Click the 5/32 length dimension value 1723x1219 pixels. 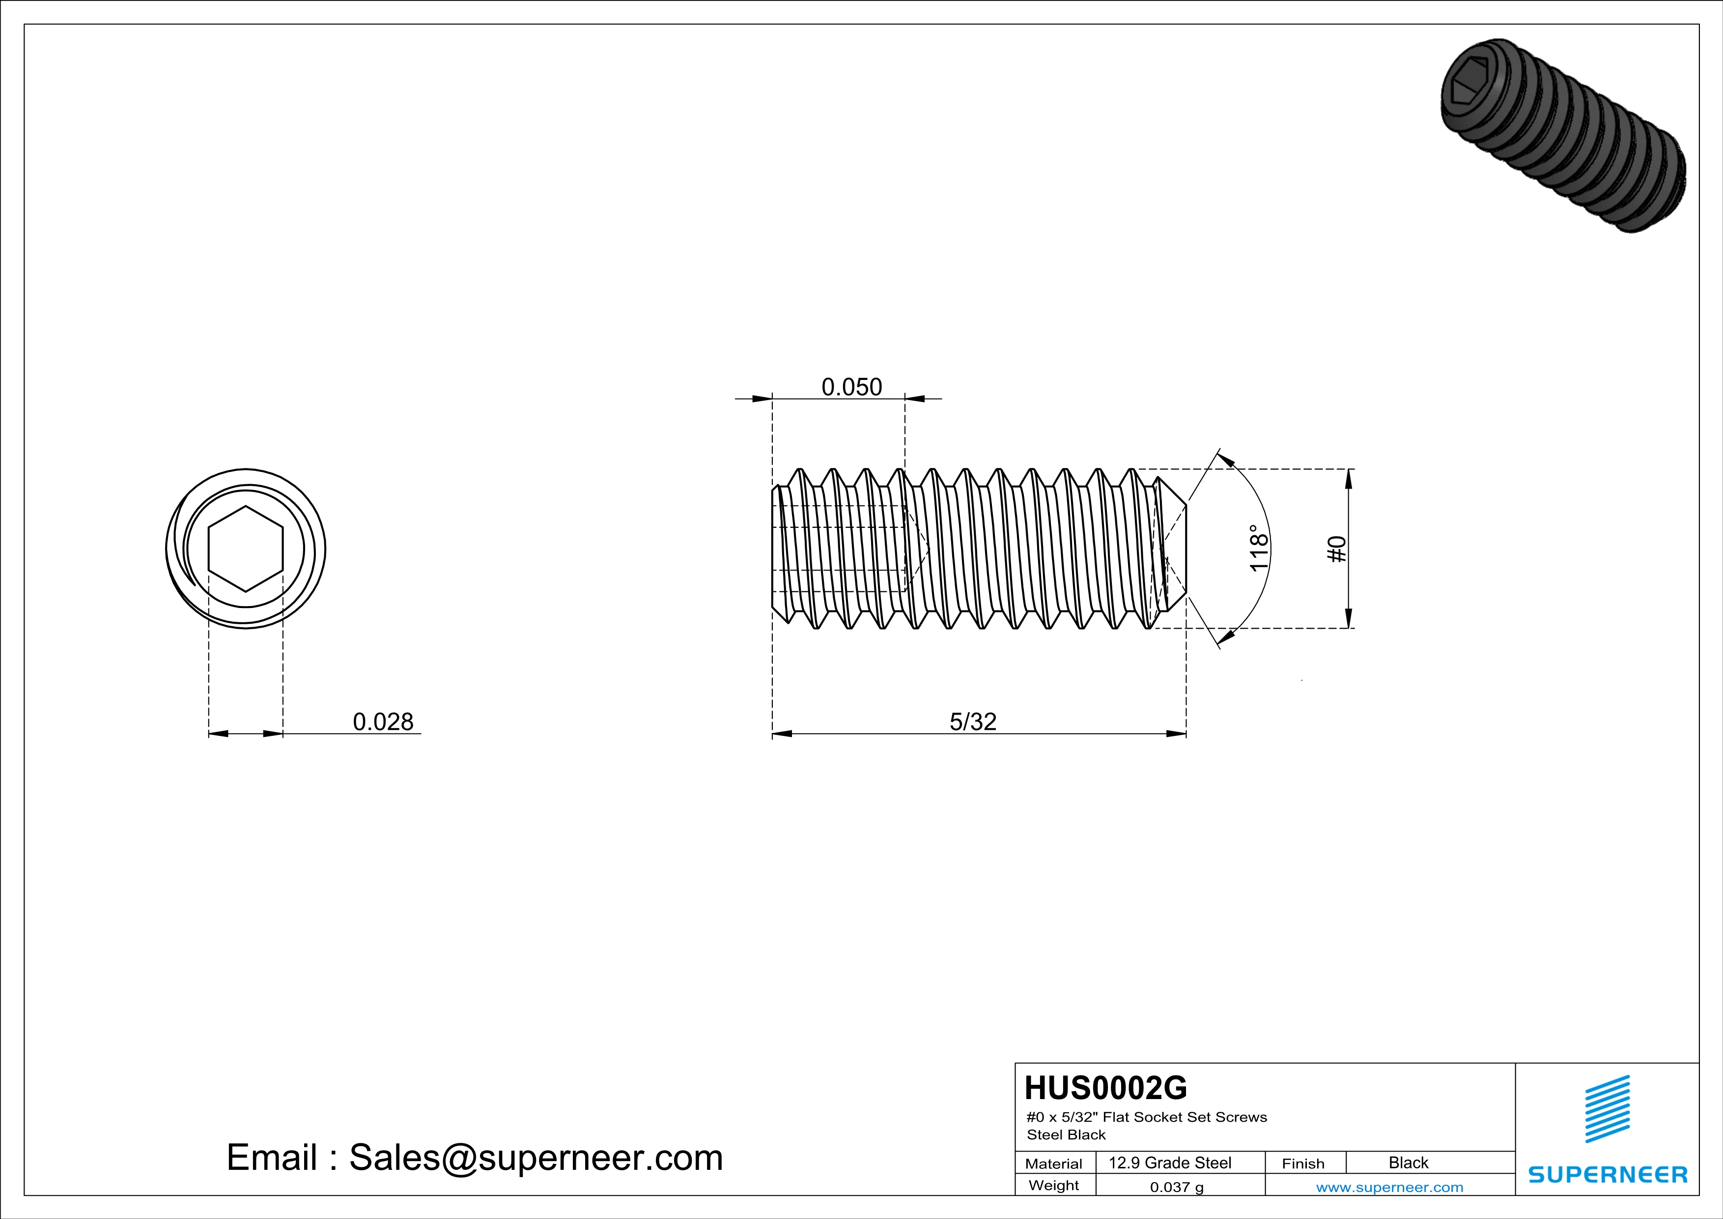click(973, 722)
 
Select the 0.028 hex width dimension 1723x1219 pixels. click(383, 722)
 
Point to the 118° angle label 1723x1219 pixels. click(1259, 549)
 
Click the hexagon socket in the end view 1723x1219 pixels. click(245, 549)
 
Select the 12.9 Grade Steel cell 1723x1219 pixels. click(1170, 1162)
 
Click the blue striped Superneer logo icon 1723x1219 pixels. click(1607, 1109)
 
